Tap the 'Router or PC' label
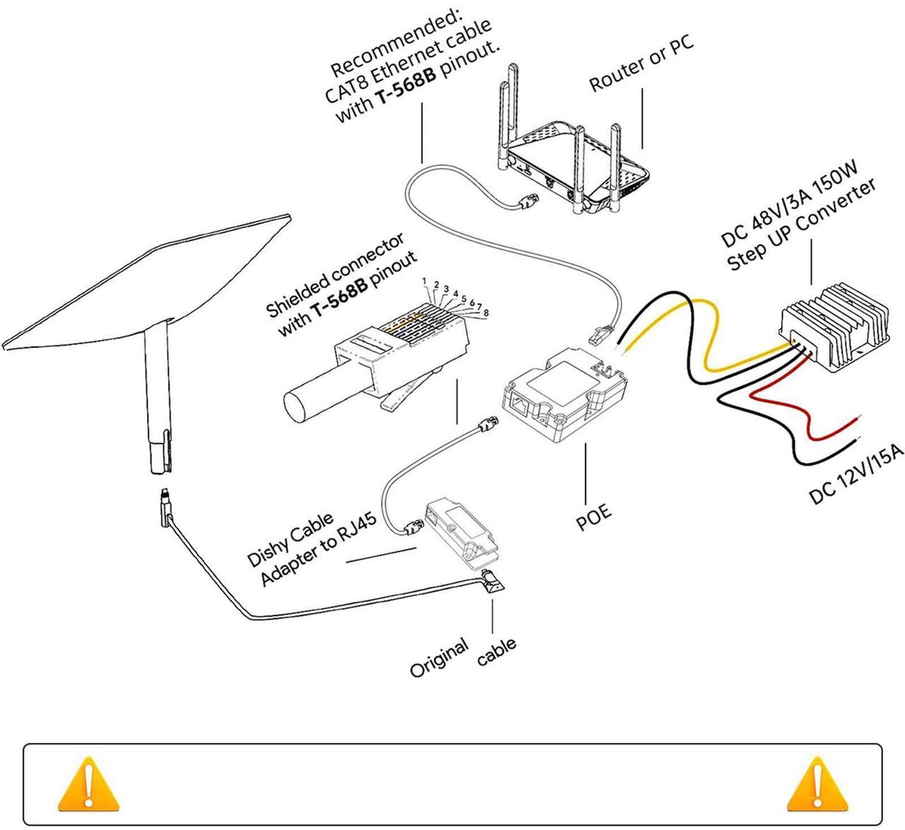[641, 63]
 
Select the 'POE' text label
[592, 517]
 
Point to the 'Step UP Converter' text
[802, 225]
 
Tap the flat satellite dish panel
[148, 283]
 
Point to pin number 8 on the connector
[486, 312]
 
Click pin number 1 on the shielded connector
[424, 282]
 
